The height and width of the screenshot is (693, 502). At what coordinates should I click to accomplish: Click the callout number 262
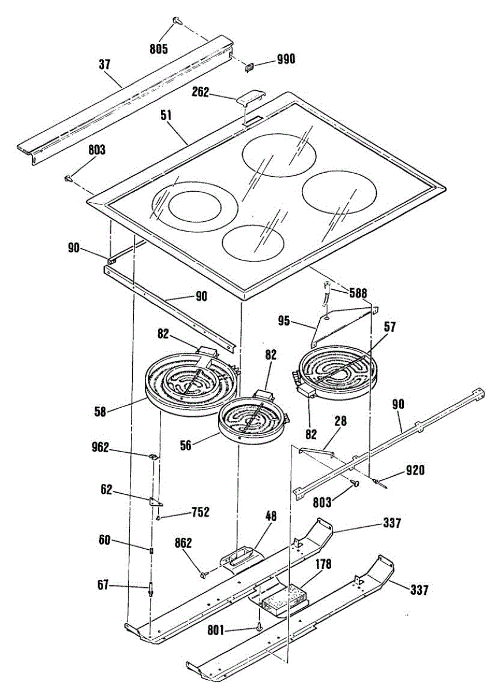click(x=201, y=92)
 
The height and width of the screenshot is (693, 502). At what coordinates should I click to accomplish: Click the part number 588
click(x=358, y=293)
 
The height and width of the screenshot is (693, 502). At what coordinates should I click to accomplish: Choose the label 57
click(x=390, y=327)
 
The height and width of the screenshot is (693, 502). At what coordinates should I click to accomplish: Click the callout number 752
click(x=200, y=512)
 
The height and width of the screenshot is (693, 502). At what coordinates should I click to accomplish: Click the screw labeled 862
click(x=203, y=573)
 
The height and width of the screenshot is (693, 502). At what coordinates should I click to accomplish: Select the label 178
click(x=323, y=564)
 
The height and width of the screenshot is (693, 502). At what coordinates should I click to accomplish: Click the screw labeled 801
click(x=257, y=627)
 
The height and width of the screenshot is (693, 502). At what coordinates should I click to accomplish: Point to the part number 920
click(x=414, y=470)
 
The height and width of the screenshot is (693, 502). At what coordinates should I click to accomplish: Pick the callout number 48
click(x=271, y=516)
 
